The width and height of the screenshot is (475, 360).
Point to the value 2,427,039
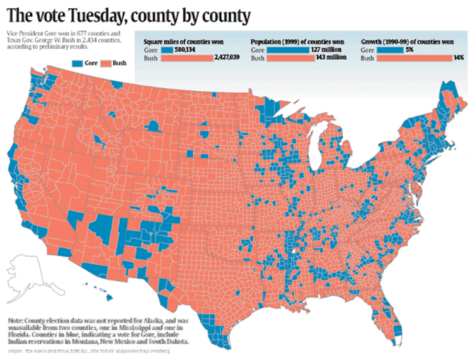[224, 58]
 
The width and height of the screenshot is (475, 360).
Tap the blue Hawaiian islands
[107, 292]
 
